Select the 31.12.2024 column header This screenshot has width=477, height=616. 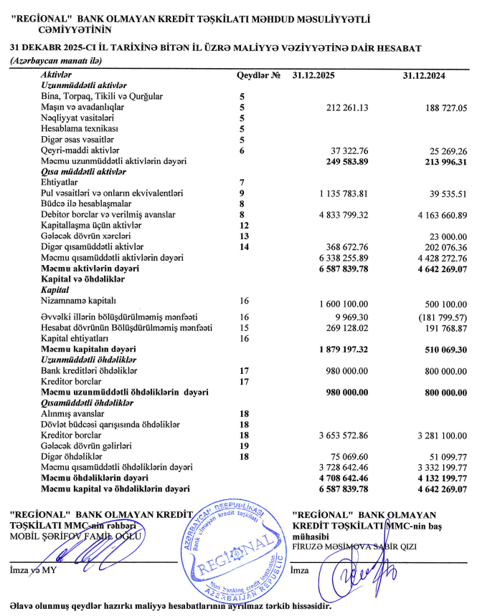coord(424,75)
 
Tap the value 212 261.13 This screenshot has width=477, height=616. coord(346,107)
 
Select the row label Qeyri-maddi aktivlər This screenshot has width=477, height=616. coord(73,150)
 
